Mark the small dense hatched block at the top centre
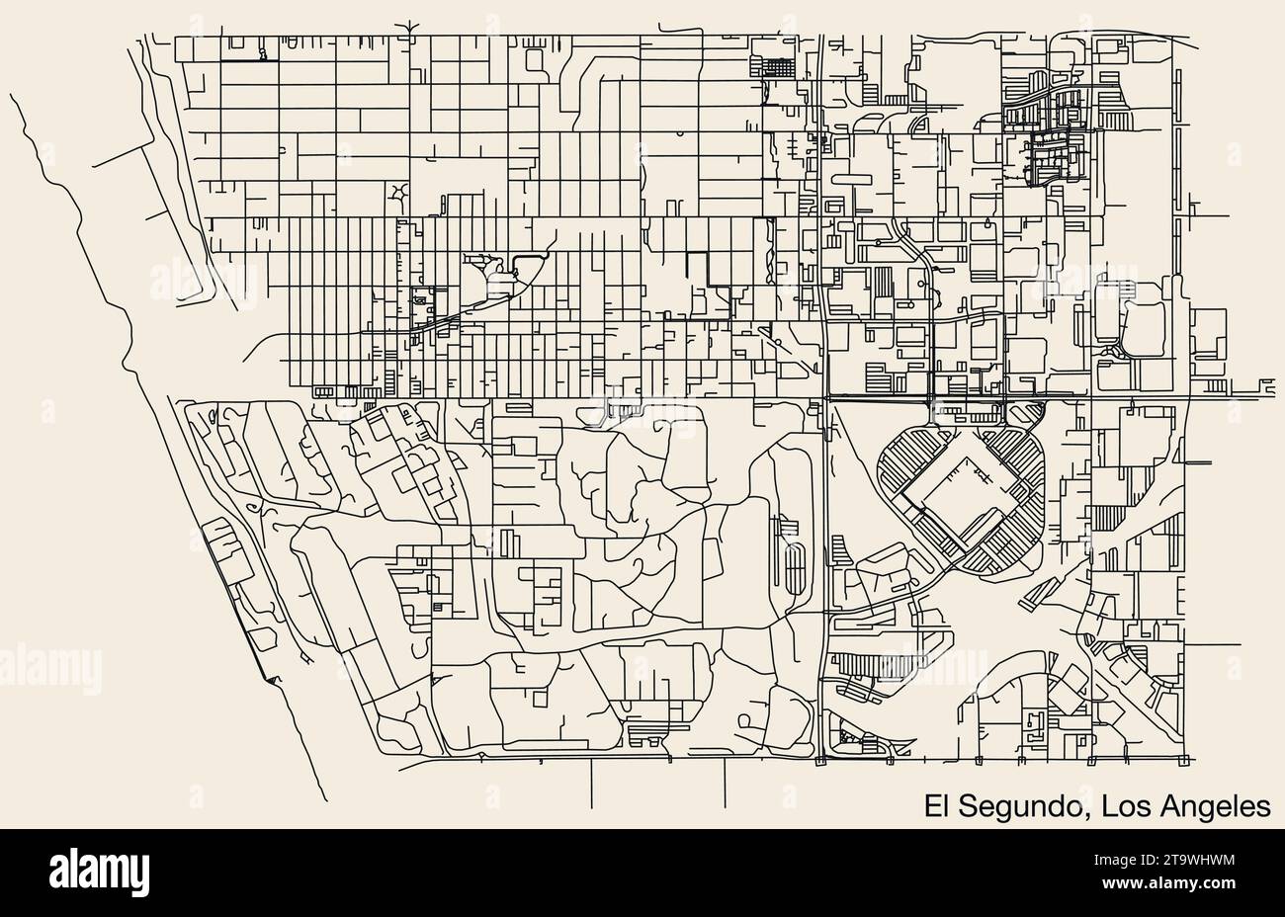point(772,67)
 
